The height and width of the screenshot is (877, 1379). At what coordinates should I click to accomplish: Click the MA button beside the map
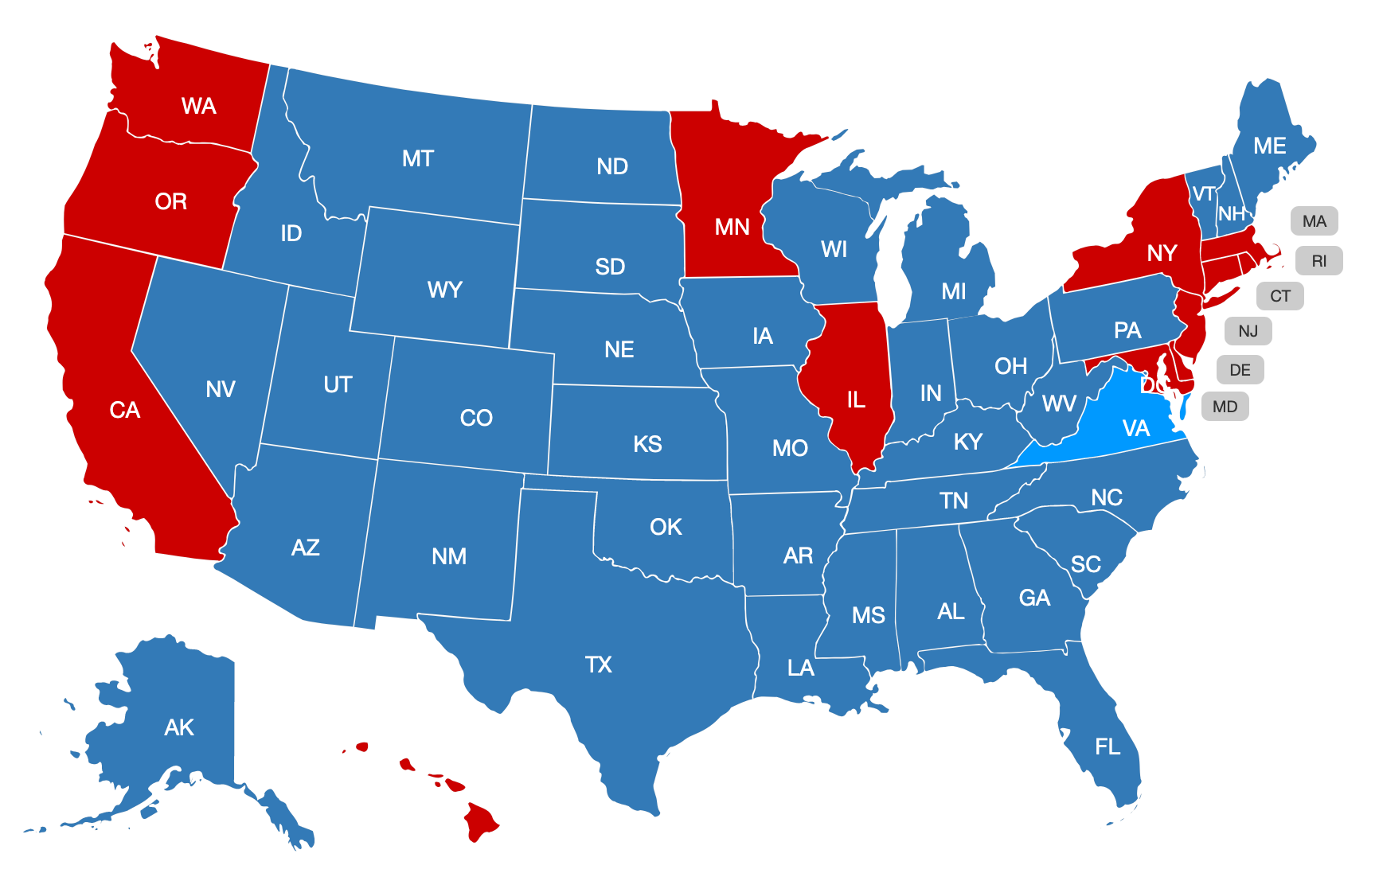tap(1314, 221)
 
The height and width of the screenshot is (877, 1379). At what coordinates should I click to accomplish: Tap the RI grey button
tap(1318, 261)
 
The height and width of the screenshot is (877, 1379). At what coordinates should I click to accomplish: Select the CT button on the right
tap(1279, 296)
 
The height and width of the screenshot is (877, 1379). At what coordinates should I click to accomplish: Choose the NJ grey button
tap(1248, 331)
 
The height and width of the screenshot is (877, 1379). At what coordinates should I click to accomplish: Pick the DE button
tap(1240, 370)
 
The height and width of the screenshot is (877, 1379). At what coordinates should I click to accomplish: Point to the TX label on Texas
tap(598, 665)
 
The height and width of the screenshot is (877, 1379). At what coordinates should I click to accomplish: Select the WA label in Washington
tap(198, 106)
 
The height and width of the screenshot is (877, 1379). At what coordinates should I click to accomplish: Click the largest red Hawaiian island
tap(479, 822)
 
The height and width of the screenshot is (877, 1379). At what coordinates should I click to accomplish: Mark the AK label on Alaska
tap(179, 727)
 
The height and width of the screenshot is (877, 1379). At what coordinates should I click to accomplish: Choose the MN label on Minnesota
tap(732, 228)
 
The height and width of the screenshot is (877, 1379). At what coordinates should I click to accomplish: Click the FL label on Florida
tap(1107, 746)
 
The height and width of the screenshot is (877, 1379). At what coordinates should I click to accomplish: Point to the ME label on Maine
tap(1269, 146)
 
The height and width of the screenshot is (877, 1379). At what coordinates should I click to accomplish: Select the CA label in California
tap(125, 410)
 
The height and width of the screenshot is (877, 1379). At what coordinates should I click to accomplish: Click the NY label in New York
tap(1162, 253)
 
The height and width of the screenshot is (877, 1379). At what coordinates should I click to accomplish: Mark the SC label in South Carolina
tap(1085, 564)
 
